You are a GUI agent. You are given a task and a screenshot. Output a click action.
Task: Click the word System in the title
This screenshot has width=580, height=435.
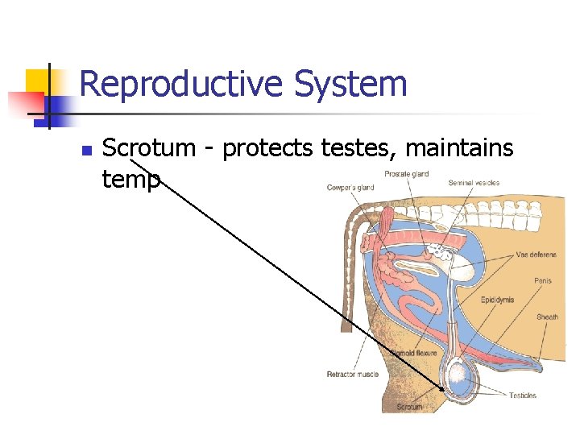tap(350, 85)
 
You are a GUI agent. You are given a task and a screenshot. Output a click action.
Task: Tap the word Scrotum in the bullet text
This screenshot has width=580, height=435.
tap(150, 148)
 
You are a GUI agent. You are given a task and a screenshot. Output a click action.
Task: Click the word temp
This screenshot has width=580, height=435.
tap(131, 179)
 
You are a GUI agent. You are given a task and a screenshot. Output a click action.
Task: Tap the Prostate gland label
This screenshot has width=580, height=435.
tap(406, 174)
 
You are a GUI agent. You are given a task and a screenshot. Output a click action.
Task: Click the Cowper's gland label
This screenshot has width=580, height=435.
tap(350, 188)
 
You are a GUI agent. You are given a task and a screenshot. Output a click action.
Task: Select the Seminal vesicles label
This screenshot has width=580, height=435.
tap(474, 183)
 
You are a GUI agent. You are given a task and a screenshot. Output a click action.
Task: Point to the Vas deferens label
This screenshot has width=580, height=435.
tap(536, 255)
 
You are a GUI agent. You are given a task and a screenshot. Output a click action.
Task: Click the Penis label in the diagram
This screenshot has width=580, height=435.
tap(543, 281)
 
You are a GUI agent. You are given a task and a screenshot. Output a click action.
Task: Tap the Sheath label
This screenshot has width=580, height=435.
tap(548, 317)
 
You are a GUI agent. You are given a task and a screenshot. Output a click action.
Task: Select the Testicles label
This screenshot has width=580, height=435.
tap(523, 396)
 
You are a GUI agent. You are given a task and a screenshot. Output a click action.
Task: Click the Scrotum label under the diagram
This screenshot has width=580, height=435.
tap(409, 408)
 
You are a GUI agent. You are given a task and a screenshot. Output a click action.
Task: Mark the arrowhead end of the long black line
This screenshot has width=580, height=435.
tap(442, 389)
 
